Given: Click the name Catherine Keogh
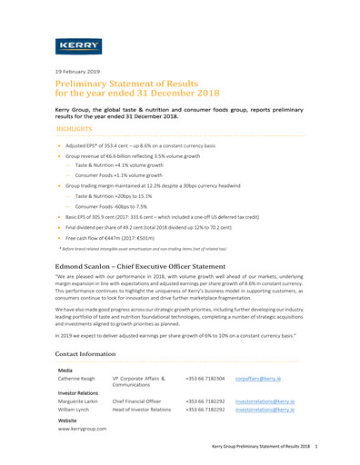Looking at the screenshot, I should [x=77, y=376].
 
